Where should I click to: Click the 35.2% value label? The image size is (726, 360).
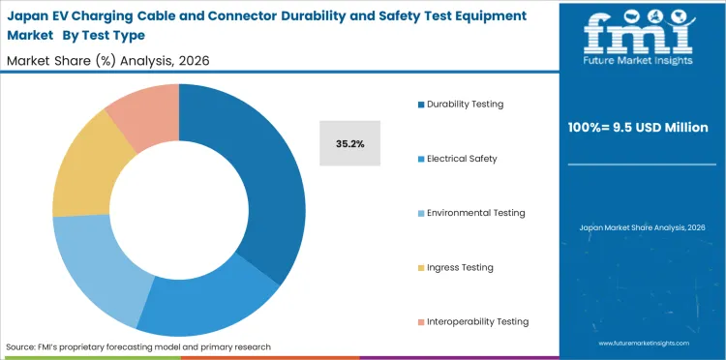click(349, 143)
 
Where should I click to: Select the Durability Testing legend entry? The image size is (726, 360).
click(465, 104)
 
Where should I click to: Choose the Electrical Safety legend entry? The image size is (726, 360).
click(461, 158)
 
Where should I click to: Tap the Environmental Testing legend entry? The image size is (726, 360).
click(475, 213)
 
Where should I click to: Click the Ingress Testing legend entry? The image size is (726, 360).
click(459, 267)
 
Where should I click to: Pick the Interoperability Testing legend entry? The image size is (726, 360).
click(477, 321)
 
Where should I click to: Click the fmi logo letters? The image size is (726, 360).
click(639, 35)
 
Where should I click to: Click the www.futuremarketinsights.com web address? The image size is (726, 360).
click(643, 344)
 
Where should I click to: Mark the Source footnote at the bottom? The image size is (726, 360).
click(138, 346)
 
